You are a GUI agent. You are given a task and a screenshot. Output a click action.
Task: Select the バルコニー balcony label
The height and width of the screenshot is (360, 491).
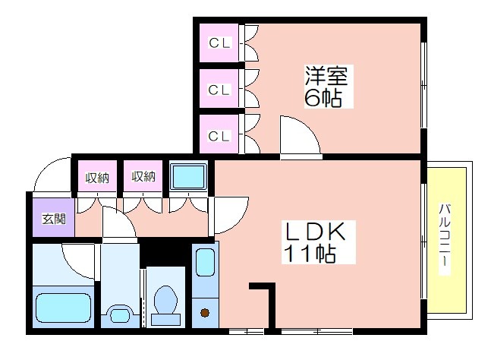tap(445, 239)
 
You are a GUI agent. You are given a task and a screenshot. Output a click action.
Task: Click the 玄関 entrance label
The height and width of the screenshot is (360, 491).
tap(54, 219)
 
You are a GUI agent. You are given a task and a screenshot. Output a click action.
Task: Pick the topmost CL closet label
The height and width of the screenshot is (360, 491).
tap(219, 43)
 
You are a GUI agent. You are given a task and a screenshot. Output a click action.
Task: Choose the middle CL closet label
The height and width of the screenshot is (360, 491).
tap(219, 90)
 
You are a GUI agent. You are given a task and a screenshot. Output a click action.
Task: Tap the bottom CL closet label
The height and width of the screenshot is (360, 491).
tap(219, 136)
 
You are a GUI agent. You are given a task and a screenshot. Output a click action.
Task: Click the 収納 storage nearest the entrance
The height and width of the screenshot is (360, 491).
tap(97, 178)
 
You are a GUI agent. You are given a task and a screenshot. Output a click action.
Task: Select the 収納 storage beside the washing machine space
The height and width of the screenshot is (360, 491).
tap(143, 177)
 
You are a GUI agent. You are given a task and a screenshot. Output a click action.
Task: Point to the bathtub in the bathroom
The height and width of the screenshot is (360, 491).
tap(64, 308)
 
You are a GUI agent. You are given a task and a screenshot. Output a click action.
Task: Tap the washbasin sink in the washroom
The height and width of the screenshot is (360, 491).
tap(120, 315)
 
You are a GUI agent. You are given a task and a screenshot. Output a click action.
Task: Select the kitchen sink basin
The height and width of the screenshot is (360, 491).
tap(206, 263)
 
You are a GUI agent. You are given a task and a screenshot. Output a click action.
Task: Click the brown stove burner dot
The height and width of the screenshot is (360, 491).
tap(205, 313)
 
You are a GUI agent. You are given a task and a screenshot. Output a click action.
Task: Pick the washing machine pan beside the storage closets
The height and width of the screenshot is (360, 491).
tap(188, 177)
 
